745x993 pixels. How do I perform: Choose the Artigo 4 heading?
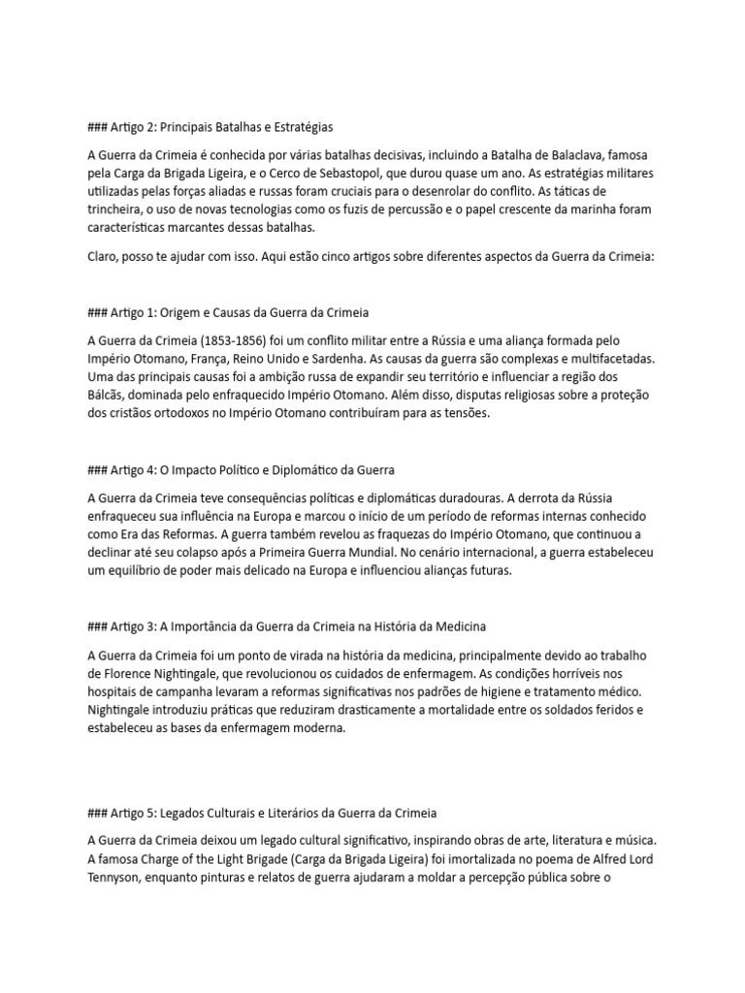241,469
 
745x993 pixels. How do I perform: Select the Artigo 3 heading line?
286,625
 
